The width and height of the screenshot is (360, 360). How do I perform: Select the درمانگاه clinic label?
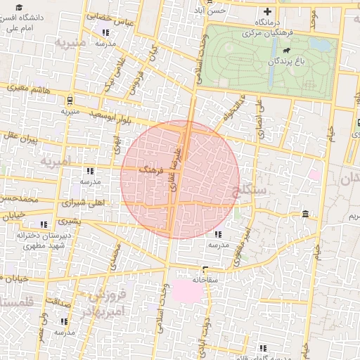(267, 22)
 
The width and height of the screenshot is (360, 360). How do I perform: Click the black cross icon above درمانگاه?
(267, 11)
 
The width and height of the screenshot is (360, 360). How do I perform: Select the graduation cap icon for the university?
(18, 7)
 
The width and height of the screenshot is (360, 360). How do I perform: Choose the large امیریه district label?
(56, 161)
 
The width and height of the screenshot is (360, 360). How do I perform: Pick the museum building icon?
(304, 214)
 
